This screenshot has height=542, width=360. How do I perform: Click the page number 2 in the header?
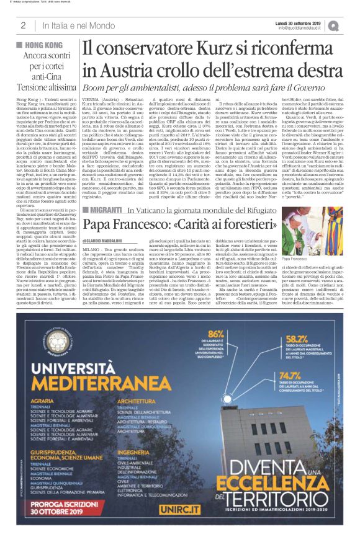pyautogui.click(x=22, y=25)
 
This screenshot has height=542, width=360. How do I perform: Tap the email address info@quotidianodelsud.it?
pyautogui.click(x=302, y=27)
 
